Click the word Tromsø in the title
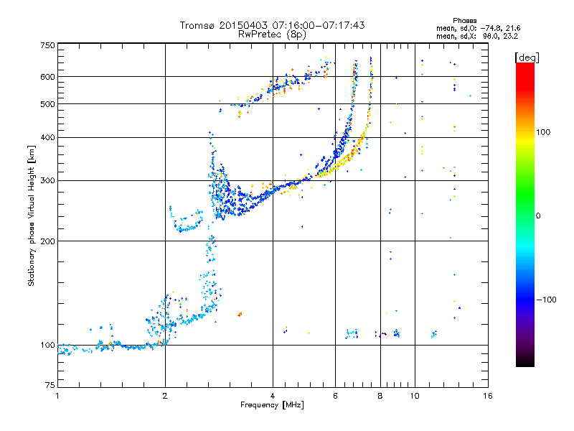pyautogui.click(x=197, y=25)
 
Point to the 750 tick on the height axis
pyautogui.click(x=47, y=45)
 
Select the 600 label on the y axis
pyautogui.click(x=47, y=76)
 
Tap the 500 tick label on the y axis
pyautogui.click(x=47, y=104)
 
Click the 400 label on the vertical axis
pyautogui.click(x=47, y=137)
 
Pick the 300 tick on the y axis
pyautogui.click(x=47, y=180)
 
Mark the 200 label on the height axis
pyautogui.click(x=47, y=241)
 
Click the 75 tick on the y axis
pyautogui.click(x=50, y=386)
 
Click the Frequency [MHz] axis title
pyautogui.click(x=273, y=406)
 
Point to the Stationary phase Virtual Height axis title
pyautogui.click(x=32, y=215)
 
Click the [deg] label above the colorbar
pyautogui.click(x=527, y=57)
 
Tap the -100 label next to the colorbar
pyautogui.click(x=546, y=299)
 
